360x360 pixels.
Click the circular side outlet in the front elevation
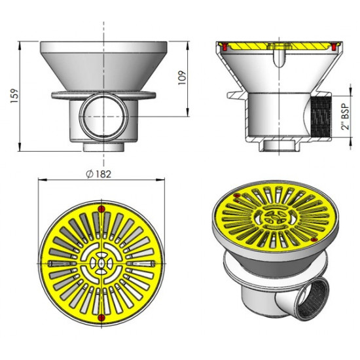tap(102, 116)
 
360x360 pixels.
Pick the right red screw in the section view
tap(335, 48)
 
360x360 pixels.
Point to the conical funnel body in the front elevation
tap(102, 69)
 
